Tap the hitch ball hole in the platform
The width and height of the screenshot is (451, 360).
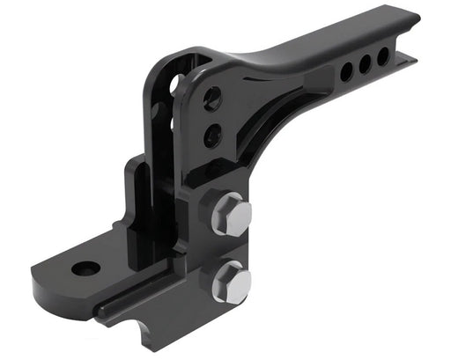pyautogui.click(x=85, y=268)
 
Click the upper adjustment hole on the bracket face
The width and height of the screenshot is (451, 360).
pyautogui.click(x=212, y=99)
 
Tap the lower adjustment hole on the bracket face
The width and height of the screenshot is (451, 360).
pyautogui.click(x=211, y=136)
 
